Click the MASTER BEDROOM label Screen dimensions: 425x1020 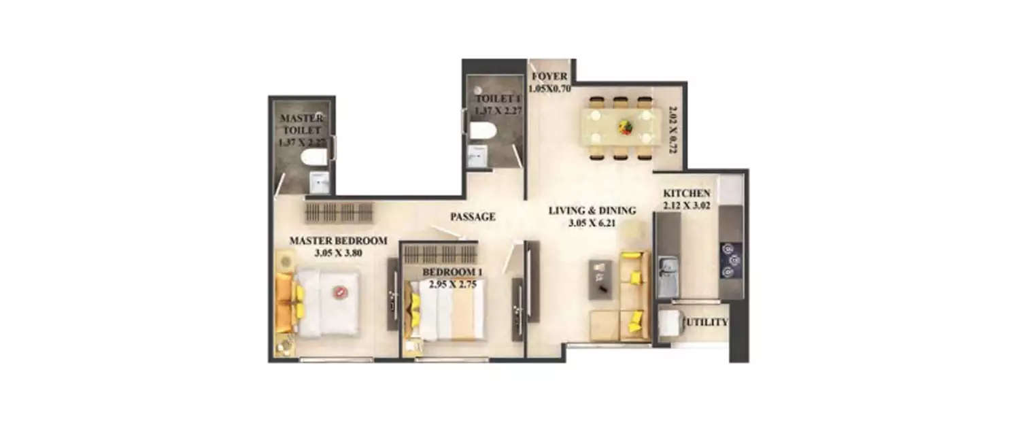(338, 241)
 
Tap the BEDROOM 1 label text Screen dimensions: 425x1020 (452, 273)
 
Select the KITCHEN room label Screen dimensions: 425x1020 (687, 194)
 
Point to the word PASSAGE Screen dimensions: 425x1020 (473, 217)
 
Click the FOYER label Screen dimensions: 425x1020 (550, 76)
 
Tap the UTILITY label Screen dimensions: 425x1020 (708, 322)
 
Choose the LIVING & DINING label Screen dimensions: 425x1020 (592, 210)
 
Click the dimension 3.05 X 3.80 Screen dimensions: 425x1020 (338, 253)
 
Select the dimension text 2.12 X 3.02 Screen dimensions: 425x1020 (687, 205)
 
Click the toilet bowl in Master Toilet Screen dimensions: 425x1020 (313, 158)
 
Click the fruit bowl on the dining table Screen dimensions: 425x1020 (624, 126)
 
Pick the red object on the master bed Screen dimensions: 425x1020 (338, 292)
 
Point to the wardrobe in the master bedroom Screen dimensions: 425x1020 (339, 212)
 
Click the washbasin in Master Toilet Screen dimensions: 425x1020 (318, 182)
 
